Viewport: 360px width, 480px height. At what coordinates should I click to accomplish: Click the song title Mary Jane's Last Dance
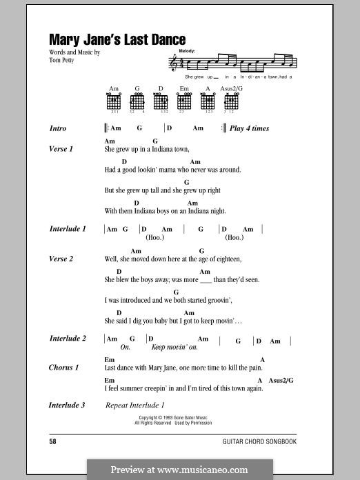click(x=117, y=41)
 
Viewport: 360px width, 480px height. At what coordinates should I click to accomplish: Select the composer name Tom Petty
click(x=63, y=59)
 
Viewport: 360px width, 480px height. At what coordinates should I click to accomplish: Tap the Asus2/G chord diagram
click(x=230, y=101)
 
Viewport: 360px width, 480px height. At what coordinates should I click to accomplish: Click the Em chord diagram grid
click(x=184, y=101)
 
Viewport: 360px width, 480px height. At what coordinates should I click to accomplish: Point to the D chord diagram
click(x=160, y=101)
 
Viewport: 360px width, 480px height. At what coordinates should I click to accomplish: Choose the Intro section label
click(x=58, y=128)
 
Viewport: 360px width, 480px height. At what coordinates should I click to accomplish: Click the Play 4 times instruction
click(x=249, y=128)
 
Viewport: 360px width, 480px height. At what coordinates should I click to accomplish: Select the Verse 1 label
click(x=61, y=149)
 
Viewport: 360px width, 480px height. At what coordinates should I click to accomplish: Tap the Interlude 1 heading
click(x=68, y=228)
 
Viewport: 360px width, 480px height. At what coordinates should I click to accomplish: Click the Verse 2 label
click(x=61, y=259)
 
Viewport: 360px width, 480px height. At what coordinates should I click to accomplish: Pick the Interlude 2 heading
click(x=68, y=339)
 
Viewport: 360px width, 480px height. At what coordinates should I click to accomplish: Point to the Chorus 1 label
click(x=64, y=368)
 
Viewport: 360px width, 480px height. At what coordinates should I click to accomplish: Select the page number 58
click(x=53, y=440)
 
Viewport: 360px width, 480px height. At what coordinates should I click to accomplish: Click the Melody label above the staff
click(x=186, y=52)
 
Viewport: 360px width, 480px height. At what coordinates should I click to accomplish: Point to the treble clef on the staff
click(x=173, y=64)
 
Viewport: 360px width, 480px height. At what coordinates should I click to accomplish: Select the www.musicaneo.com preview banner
click(x=179, y=470)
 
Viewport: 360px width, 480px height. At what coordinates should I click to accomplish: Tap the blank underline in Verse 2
click(x=205, y=281)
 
